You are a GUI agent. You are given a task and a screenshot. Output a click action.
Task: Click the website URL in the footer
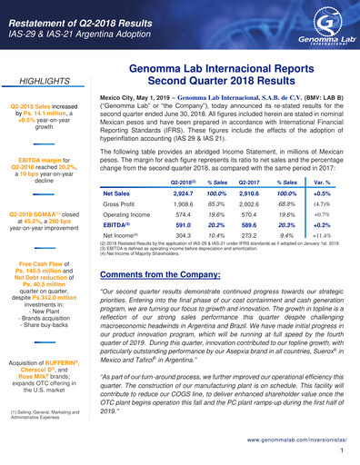[x=292, y=438]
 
